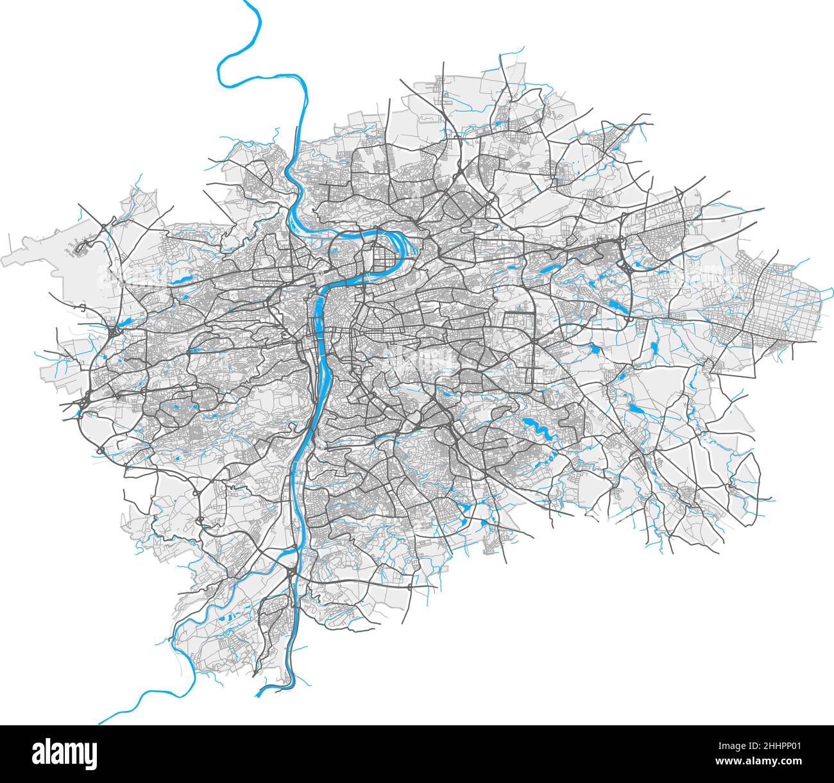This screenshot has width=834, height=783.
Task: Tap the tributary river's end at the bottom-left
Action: coord(99,723)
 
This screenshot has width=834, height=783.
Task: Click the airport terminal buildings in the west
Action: coord(80,247)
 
